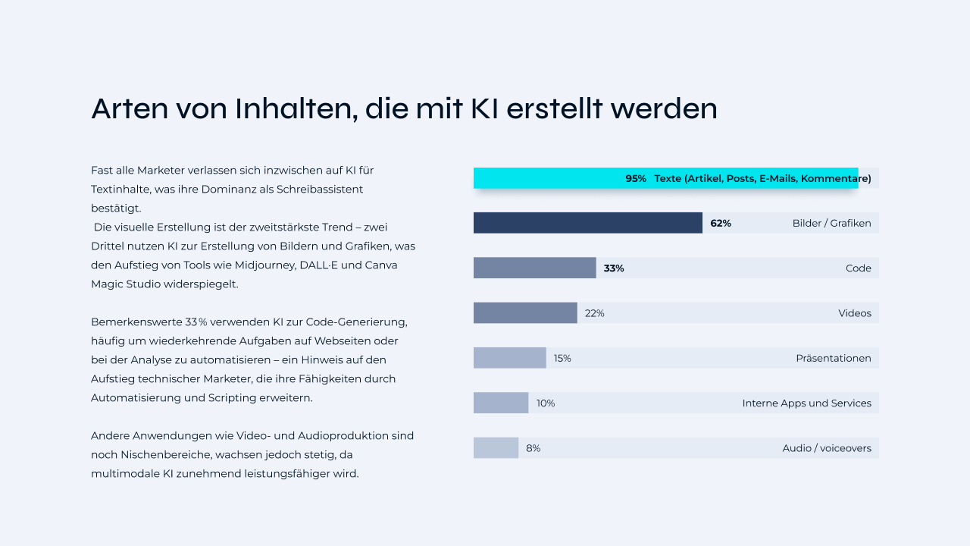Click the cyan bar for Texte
[546, 178]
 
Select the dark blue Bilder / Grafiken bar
[587, 223]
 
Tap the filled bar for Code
[534, 268]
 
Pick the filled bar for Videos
[525, 313]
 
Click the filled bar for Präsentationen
[509, 358]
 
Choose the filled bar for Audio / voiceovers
[496, 448]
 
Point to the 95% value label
[636, 179]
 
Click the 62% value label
[721, 224]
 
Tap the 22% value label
[595, 314]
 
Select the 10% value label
[546, 403]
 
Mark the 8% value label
[533, 449]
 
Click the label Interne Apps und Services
[806, 403]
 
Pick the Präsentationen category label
[833, 359]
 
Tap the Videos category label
[855, 314]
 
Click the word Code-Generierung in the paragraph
[357, 322]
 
